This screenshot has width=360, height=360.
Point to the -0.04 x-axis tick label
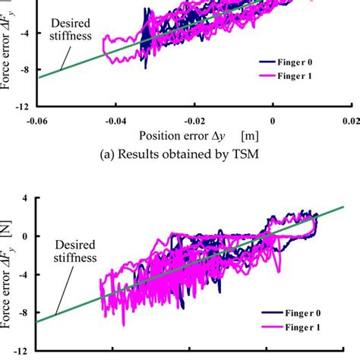click(x=115, y=122)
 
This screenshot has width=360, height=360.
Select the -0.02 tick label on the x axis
click(x=193, y=122)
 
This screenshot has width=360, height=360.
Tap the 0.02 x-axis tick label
click(x=348, y=122)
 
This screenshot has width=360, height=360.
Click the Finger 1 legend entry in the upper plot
click(x=312, y=77)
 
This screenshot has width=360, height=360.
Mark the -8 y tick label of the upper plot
click(x=24, y=69)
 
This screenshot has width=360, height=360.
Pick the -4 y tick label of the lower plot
click(x=24, y=273)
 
